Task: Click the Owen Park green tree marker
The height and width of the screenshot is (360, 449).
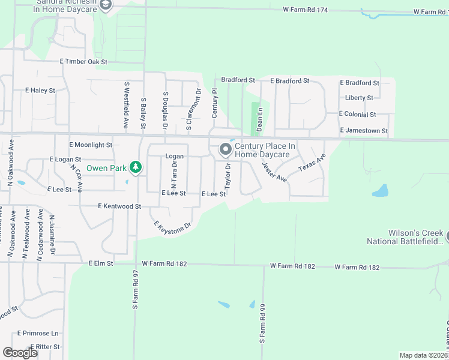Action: coord(136,167)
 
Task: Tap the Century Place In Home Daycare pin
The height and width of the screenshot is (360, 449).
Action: coord(226,149)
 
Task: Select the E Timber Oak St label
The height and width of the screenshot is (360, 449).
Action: coord(83,62)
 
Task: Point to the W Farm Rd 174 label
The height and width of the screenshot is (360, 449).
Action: coord(306,11)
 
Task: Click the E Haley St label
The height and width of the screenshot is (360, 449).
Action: coord(40,91)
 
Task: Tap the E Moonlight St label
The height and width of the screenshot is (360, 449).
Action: coord(91,145)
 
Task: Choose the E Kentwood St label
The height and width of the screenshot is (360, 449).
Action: coord(119,206)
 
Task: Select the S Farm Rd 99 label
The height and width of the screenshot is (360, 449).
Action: coord(262,323)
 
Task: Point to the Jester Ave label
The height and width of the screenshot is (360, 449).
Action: coord(274,172)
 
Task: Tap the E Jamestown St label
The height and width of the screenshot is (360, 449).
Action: coord(364,130)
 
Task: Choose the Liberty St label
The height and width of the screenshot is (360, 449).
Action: coord(359,98)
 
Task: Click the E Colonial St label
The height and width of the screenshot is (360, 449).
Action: coord(357,114)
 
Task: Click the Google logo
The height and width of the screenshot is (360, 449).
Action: coord(20,353)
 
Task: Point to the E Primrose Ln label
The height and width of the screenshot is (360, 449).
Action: coord(38,333)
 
